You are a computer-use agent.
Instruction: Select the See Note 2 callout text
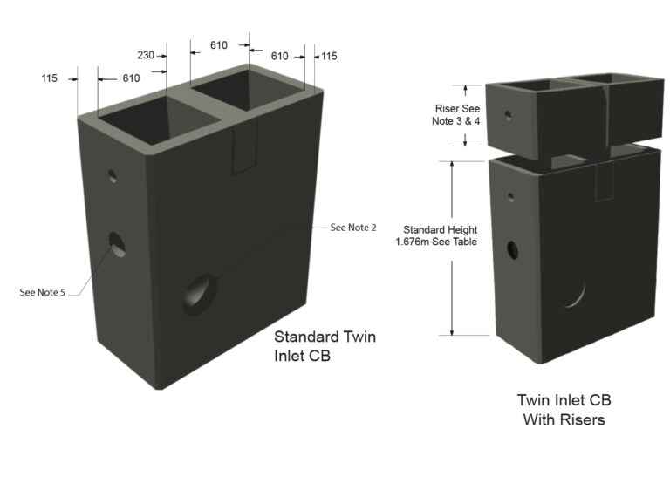click(x=353, y=228)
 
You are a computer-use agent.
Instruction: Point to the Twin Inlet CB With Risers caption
click(x=564, y=410)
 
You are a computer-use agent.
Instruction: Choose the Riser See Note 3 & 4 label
click(x=458, y=115)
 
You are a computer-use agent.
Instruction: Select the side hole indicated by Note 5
click(x=116, y=245)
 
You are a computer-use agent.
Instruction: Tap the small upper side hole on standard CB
click(x=113, y=175)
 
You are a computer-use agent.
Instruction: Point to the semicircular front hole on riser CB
click(x=573, y=290)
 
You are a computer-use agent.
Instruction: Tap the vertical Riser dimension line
click(x=466, y=115)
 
